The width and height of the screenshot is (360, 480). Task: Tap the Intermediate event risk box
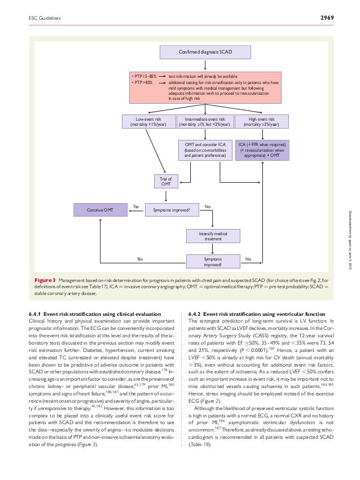pos(205,121)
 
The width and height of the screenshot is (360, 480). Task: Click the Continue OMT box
pos(100,210)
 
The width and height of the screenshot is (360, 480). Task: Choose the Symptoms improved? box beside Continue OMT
pos(168,210)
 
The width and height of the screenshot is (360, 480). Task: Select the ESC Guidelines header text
pos(45,19)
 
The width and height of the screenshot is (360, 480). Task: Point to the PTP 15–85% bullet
pos(143,76)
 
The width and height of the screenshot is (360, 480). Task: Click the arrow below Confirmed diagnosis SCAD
pos(205,65)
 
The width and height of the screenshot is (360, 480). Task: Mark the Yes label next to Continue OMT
pos(135,206)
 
